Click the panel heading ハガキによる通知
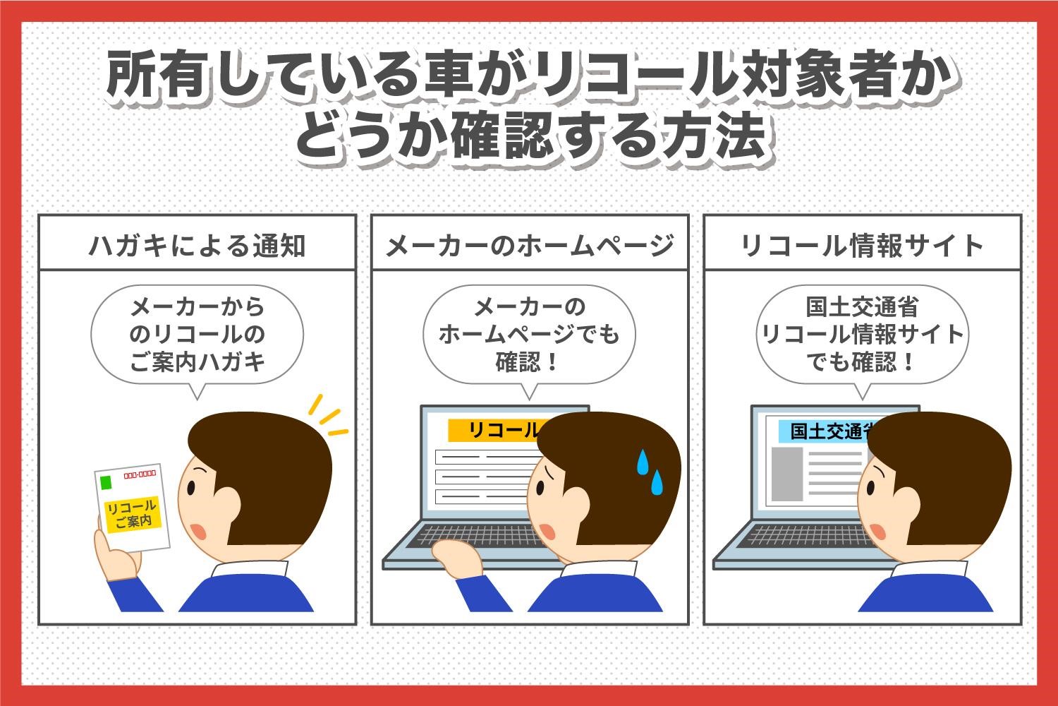pyautogui.click(x=197, y=246)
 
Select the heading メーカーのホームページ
pyautogui.click(x=530, y=246)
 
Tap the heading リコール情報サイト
pyautogui.click(x=862, y=246)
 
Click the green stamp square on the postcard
pyautogui.click(x=107, y=482)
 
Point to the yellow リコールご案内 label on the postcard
pyautogui.click(x=133, y=515)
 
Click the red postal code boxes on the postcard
pyautogui.click(x=140, y=474)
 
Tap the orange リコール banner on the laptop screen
pyautogui.click(x=496, y=431)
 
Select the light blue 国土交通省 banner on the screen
pyautogui.click(x=827, y=431)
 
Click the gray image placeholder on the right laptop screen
pyautogui.click(x=787, y=474)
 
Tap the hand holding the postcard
pyautogui.click(x=116, y=551)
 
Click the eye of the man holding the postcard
pyautogui.click(x=191, y=488)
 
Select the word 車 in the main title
pyautogui.click(x=449, y=76)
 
